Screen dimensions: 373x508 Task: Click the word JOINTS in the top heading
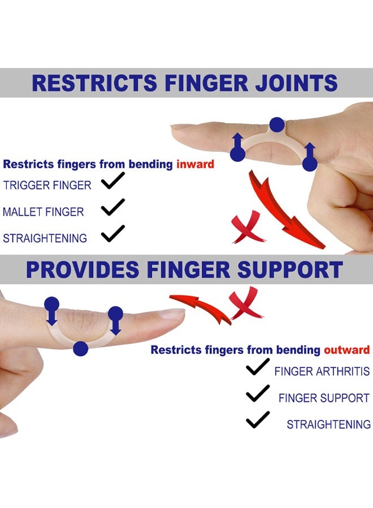pyautogui.click(x=296, y=83)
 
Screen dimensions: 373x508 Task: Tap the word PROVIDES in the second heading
pyautogui.click(x=83, y=270)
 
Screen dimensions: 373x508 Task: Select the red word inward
pyautogui.click(x=195, y=164)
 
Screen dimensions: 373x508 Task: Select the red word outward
pyautogui.click(x=347, y=350)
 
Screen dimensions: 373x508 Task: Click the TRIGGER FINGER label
pyautogui.click(x=47, y=185)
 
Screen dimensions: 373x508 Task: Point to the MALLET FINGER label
pyautogui.click(x=44, y=212)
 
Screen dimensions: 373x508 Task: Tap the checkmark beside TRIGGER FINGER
pyautogui.click(x=113, y=181)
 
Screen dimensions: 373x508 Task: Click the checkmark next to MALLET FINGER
pyautogui.click(x=113, y=207)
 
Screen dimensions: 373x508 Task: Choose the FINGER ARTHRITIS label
pyautogui.click(x=322, y=371)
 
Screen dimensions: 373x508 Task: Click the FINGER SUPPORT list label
pyautogui.click(x=324, y=398)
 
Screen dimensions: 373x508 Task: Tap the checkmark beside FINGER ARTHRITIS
pyautogui.click(x=258, y=367)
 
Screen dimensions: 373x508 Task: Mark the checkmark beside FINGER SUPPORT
pyautogui.click(x=258, y=393)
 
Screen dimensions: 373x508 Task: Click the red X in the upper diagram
pyautogui.click(x=247, y=227)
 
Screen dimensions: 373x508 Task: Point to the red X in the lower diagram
pyautogui.click(x=245, y=304)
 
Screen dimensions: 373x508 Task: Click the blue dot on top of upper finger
pyautogui.click(x=277, y=125)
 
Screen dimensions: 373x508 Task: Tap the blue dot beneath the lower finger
pyautogui.click(x=81, y=349)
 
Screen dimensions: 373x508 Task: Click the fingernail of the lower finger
pyautogui.click(x=172, y=314)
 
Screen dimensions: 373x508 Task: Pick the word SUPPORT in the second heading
pyautogui.click(x=290, y=270)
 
